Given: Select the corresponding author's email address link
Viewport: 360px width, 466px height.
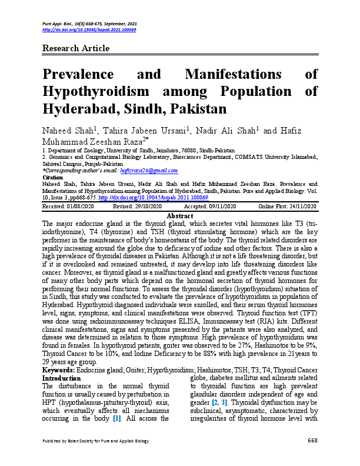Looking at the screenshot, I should coord(149,170).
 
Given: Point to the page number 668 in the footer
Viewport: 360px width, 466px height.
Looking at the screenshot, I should coord(312,457).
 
